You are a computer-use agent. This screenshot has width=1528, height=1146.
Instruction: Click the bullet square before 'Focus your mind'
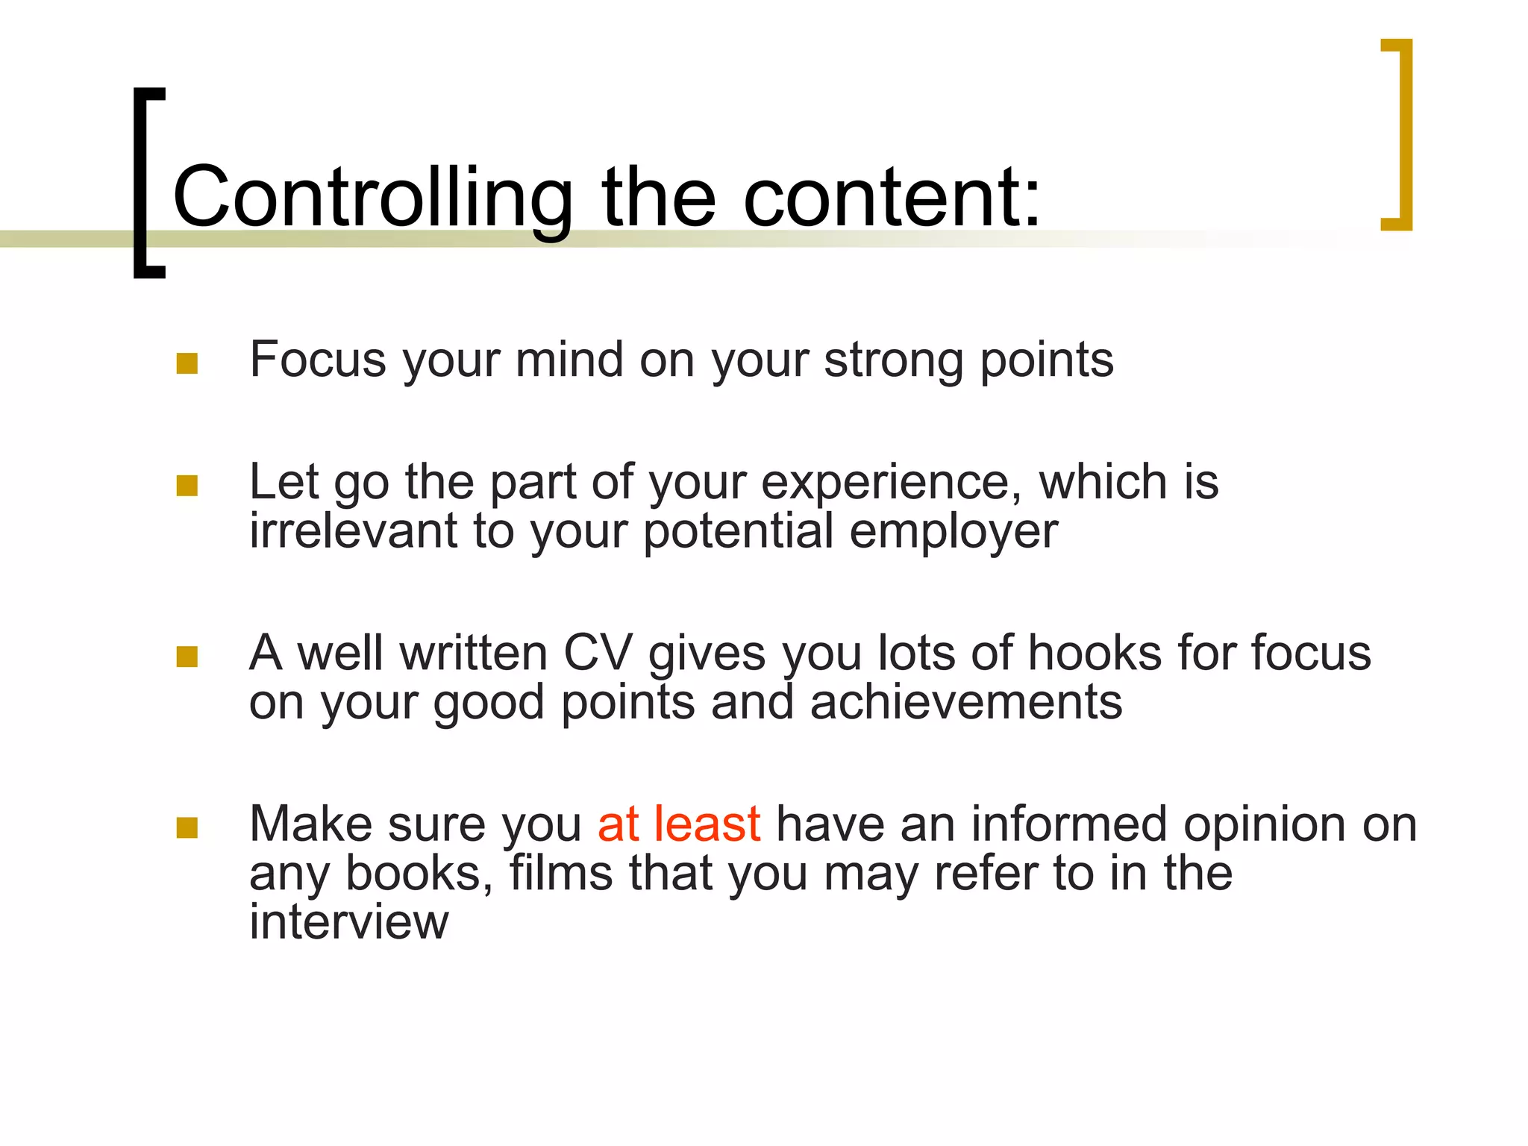(x=187, y=363)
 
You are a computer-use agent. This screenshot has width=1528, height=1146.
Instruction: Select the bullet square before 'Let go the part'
(x=187, y=486)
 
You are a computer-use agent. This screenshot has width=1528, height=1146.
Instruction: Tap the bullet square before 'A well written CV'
(x=187, y=657)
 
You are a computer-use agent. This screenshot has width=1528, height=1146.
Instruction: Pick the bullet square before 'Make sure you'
(x=187, y=827)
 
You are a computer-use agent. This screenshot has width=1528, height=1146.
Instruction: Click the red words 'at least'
(x=679, y=824)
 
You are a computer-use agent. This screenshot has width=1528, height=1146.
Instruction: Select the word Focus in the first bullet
(x=317, y=360)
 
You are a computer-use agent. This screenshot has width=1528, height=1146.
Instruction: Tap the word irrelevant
(x=353, y=531)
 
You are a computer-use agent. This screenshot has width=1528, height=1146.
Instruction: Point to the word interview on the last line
(x=348, y=922)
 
